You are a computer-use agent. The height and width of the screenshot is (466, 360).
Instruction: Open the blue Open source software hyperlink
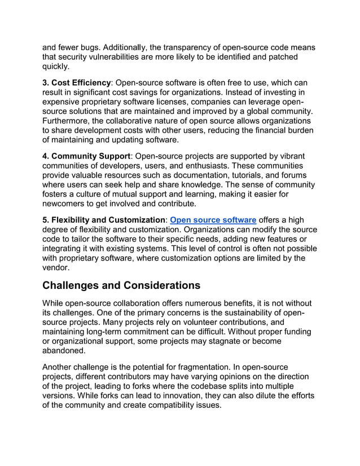point(213,219)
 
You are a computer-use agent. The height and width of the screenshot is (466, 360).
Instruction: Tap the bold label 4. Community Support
point(87,155)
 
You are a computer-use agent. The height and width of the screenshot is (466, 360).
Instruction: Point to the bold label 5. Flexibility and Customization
point(103,219)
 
